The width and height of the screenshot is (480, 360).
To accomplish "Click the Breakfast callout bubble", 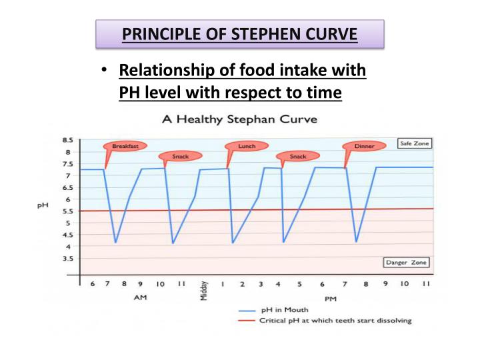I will [125, 145].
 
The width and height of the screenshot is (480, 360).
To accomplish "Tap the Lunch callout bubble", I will [247, 145].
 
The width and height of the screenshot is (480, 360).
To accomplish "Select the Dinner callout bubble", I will [364, 146].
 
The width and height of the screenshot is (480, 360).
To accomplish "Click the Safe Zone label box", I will [414, 143].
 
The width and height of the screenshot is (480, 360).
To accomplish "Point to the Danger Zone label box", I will [407, 263].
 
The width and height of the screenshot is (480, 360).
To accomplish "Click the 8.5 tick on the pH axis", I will [67, 141].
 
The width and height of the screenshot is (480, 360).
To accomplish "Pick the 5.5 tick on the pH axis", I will [67, 211].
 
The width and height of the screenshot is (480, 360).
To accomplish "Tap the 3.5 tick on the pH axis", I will [67, 258].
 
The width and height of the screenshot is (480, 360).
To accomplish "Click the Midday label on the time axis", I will [204, 290].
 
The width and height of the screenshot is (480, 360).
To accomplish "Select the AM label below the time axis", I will [141, 298].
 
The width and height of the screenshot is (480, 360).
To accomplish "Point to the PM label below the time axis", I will [330, 299].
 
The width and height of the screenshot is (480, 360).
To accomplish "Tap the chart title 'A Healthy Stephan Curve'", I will [239, 120].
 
